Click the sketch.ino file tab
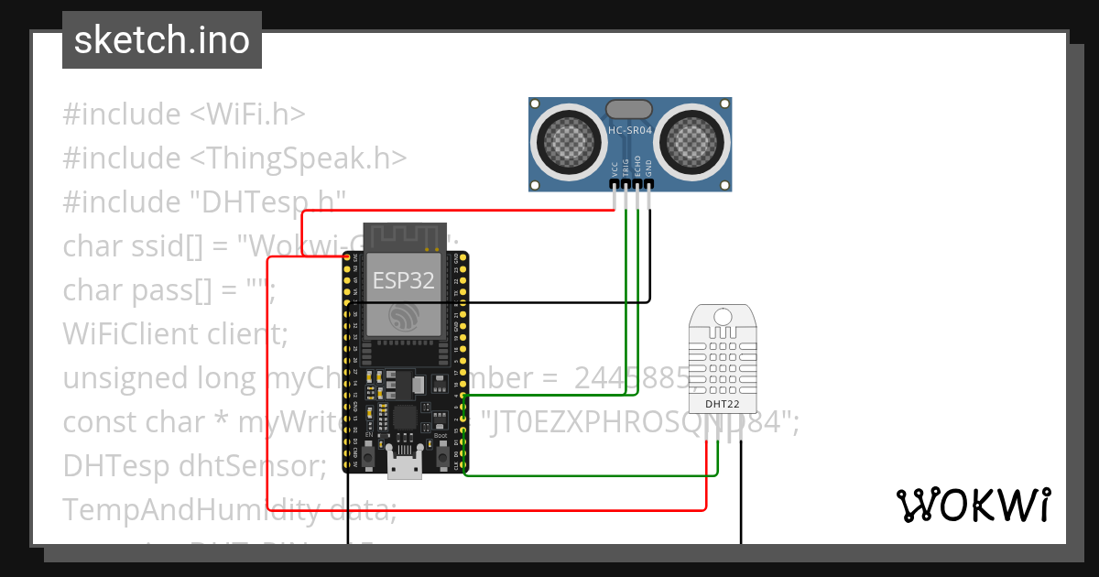[161, 40]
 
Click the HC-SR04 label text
[630, 131]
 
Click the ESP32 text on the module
[404, 281]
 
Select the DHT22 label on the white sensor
[723, 403]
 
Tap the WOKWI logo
[973, 505]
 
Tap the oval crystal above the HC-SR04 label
[630, 109]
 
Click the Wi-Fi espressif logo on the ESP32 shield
[403, 318]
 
